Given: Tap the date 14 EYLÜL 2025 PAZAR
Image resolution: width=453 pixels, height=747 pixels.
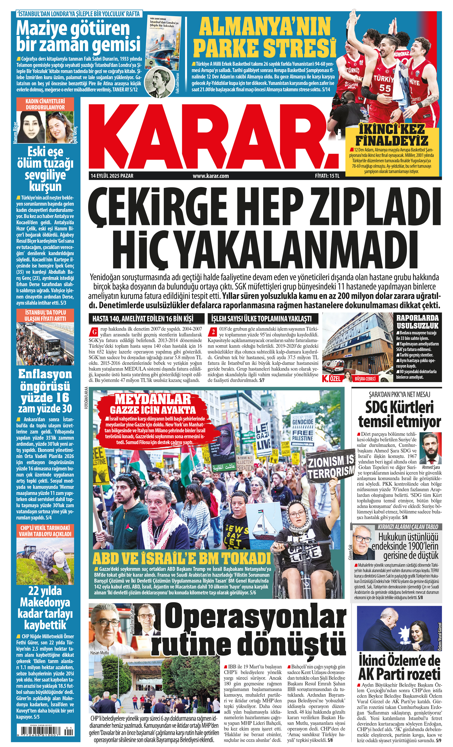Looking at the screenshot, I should [112, 176].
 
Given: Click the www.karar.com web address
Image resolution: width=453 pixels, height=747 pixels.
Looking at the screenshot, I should [211, 176].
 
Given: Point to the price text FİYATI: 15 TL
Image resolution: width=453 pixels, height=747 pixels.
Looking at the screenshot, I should [327, 176].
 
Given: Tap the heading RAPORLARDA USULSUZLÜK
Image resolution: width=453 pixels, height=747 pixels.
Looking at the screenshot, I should [417, 322].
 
